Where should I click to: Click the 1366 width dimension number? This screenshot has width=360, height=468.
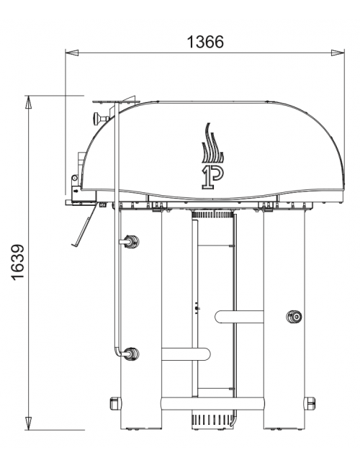coord(205,42)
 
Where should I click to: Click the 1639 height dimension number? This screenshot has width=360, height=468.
coord(18,262)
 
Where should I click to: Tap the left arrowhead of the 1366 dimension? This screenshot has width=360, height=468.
coord(72,53)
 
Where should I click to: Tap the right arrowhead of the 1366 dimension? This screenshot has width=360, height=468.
coord(338,53)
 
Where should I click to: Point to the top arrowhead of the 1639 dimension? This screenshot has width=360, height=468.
coord(28,102)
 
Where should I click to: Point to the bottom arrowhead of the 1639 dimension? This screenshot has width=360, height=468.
coord(28,423)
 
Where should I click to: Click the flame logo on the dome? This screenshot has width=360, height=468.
coord(213,156)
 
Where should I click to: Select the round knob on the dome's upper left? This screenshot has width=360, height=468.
coord(99,119)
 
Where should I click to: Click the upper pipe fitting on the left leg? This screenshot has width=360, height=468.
coord(130,241)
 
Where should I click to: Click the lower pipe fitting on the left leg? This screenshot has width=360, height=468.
coord(130,354)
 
